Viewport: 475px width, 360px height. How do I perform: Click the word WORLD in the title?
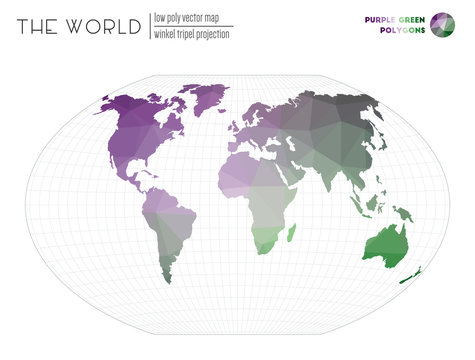click(x=107, y=27)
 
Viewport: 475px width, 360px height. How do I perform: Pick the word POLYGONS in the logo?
click(x=400, y=30)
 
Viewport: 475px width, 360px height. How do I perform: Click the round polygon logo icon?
click(x=441, y=23)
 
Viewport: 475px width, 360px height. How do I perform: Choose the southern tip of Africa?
click(x=262, y=250)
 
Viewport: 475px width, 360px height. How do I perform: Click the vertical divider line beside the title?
click(x=148, y=25)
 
